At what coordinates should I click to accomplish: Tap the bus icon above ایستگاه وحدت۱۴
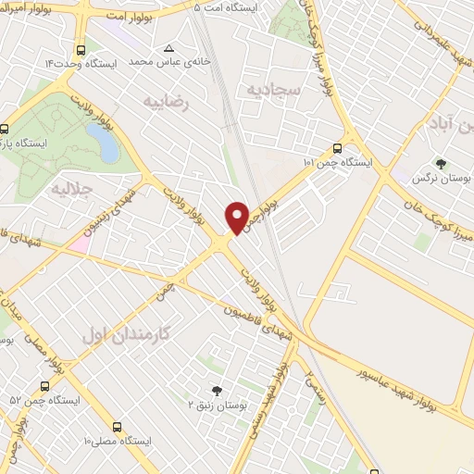(x=81, y=50)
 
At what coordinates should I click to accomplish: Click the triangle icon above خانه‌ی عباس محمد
(x=168, y=48)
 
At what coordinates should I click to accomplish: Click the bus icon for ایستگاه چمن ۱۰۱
(x=338, y=148)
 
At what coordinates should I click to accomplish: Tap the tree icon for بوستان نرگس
(x=439, y=163)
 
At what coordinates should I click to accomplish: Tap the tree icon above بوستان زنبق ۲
(x=218, y=391)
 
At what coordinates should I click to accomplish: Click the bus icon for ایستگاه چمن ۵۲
(x=44, y=386)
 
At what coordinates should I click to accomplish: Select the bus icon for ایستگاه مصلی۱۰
(x=117, y=428)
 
